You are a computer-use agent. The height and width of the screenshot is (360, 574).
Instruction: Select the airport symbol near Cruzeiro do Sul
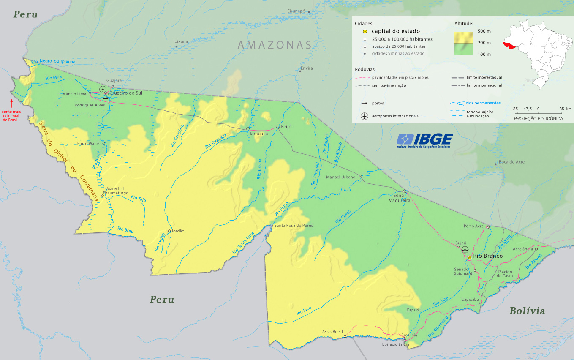(x=103, y=89)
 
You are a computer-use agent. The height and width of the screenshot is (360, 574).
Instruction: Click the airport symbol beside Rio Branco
(x=465, y=250)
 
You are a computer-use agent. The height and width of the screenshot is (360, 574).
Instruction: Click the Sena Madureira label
(x=399, y=198)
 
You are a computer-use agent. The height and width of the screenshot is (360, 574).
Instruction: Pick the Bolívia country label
(x=527, y=311)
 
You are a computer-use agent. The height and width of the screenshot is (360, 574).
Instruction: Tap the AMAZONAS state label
(x=275, y=45)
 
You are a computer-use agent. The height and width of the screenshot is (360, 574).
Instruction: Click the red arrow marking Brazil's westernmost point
(x=12, y=102)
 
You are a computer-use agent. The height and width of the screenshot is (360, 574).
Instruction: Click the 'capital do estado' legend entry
(x=395, y=31)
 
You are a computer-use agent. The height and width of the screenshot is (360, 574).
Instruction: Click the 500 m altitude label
(x=484, y=31)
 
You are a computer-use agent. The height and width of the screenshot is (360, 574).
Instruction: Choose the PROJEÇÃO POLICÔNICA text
(x=538, y=119)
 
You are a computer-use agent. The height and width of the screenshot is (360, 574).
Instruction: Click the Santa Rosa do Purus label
(x=294, y=226)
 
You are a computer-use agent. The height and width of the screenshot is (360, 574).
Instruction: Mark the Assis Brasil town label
(x=332, y=332)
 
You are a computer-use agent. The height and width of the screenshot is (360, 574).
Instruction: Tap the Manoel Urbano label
(x=340, y=177)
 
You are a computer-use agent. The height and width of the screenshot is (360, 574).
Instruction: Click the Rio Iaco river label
(x=304, y=311)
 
